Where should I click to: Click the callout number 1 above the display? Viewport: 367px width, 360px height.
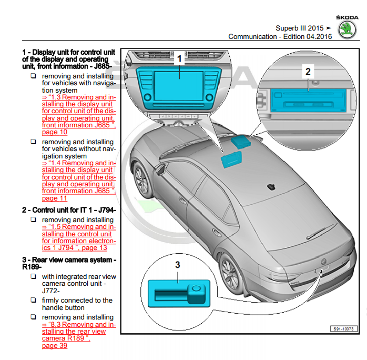pos(179,59)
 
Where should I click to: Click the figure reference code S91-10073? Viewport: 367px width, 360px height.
pos(344,329)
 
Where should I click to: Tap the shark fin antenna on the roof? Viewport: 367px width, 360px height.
pos(271,186)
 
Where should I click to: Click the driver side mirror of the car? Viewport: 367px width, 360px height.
pos(160,170)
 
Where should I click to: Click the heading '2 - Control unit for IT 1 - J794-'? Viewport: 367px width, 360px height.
pos(69,209)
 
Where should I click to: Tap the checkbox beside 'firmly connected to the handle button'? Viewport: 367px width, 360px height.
pos(33,301)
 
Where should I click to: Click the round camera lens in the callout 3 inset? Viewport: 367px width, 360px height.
pos(196,289)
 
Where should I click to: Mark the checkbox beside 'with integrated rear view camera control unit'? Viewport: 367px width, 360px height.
pos(33,276)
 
